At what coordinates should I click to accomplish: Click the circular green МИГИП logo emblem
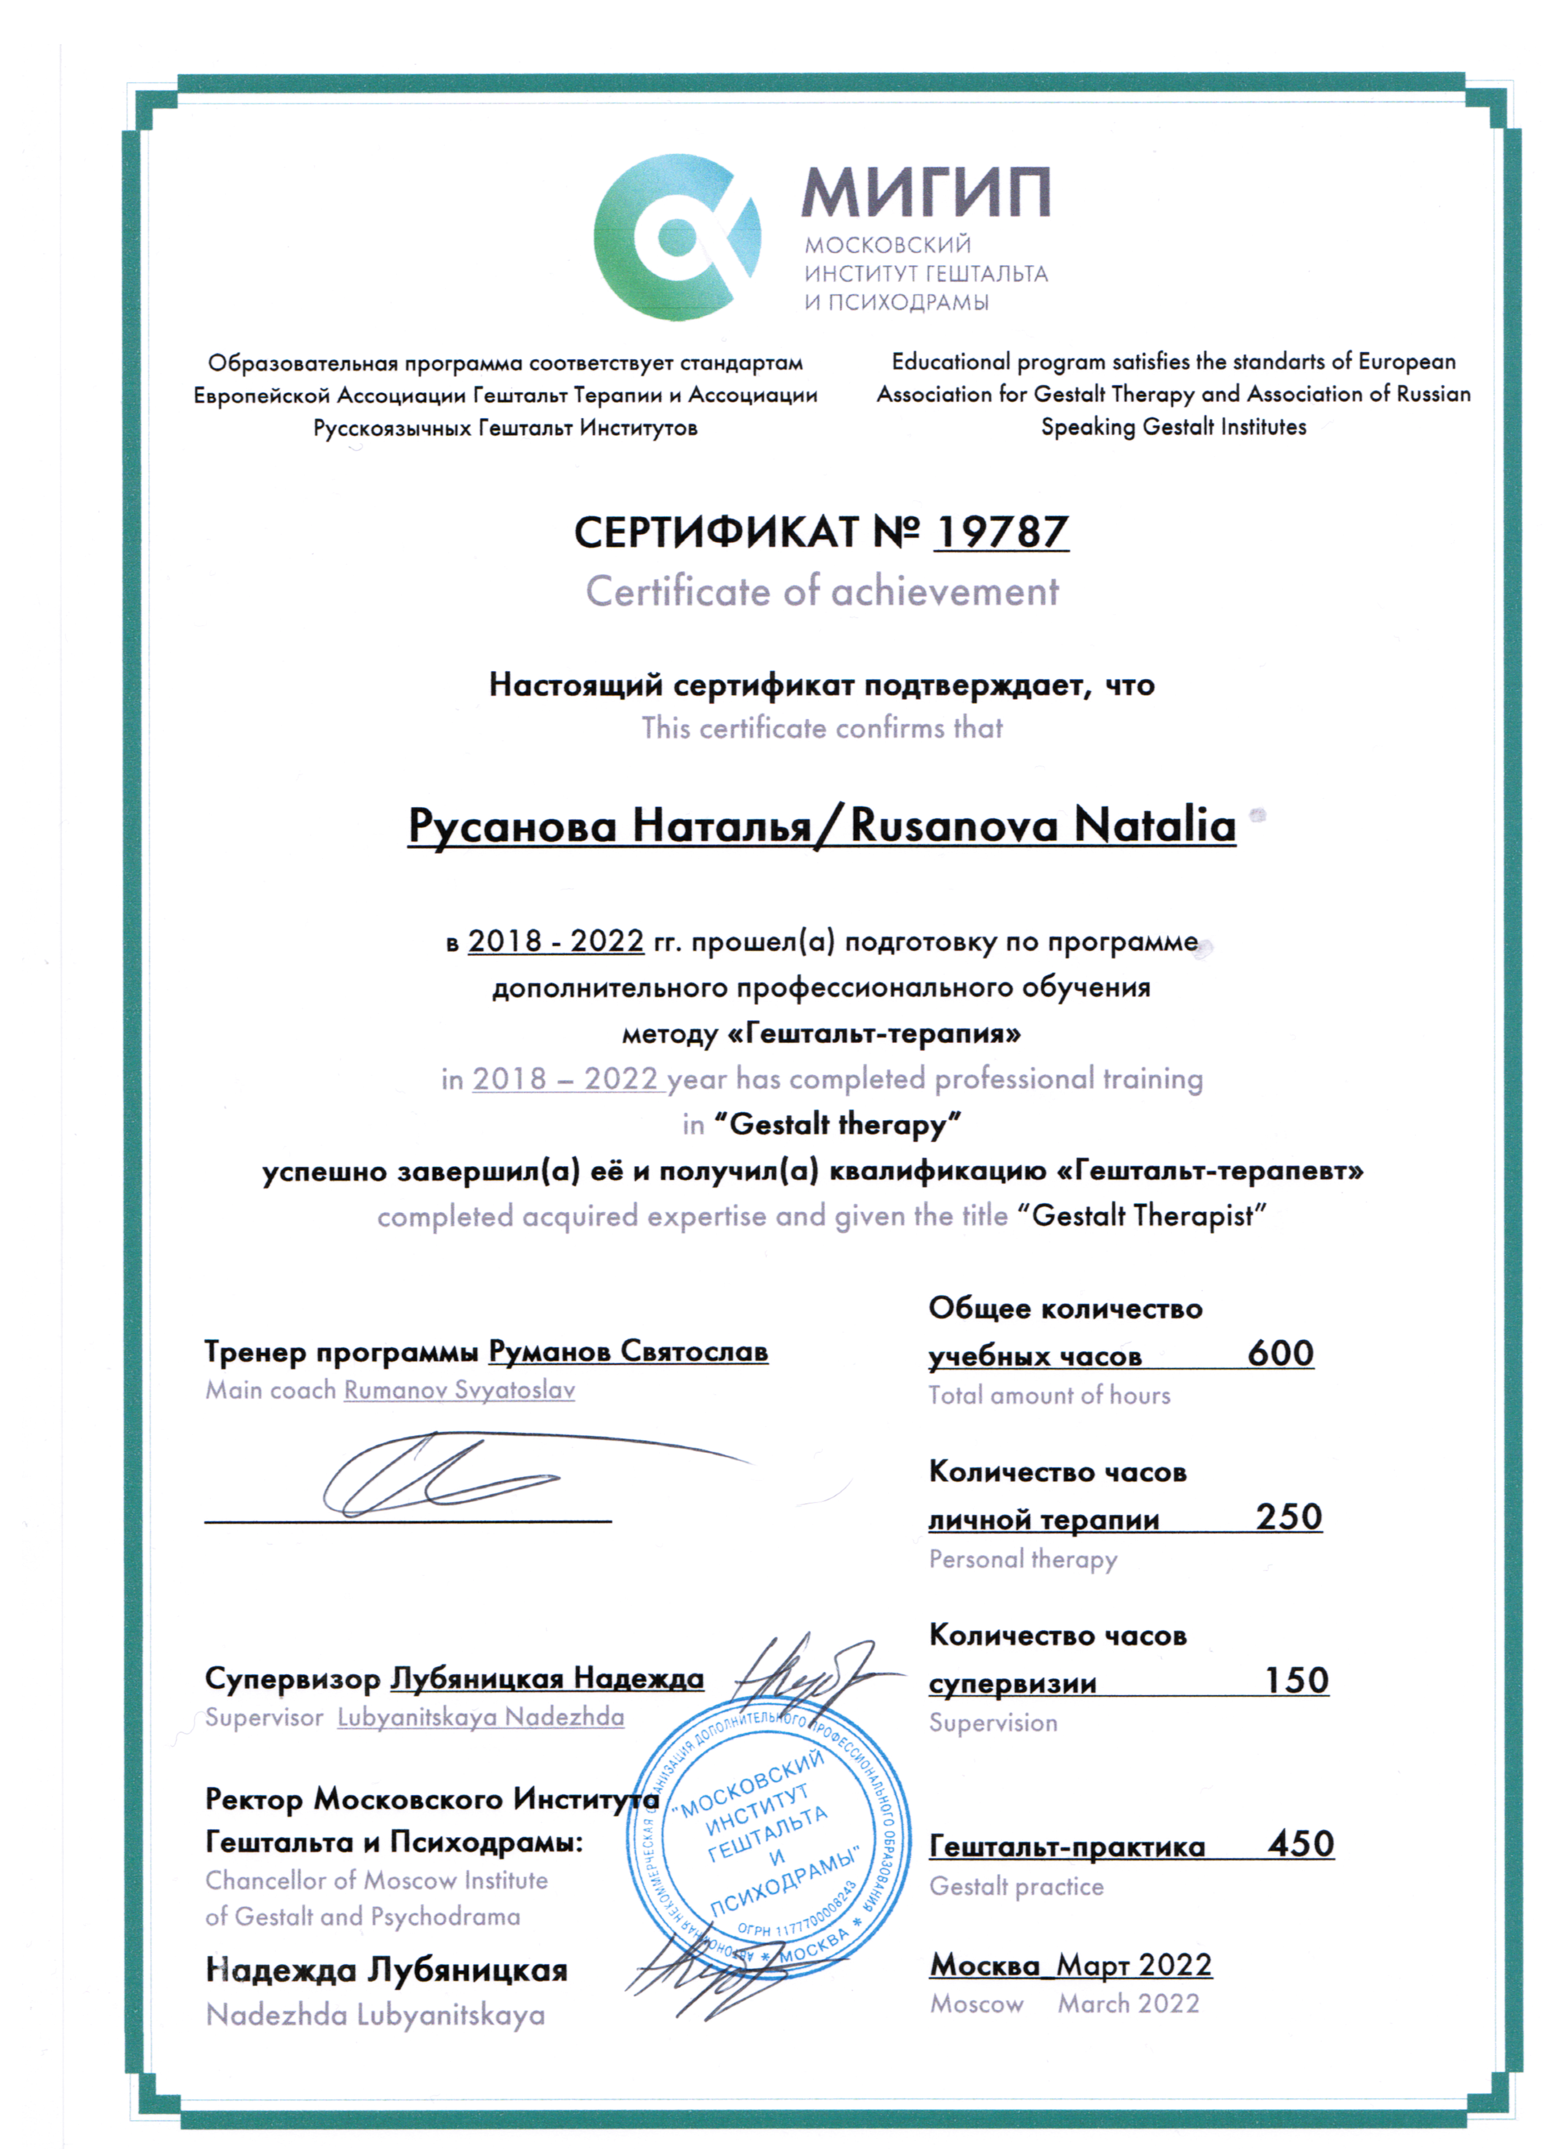click(x=677, y=237)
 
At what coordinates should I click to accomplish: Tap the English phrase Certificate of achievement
click(x=822, y=592)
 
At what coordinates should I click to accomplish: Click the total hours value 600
click(x=1280, y=1353)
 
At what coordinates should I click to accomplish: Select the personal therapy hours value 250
click(x=1288, y=1517)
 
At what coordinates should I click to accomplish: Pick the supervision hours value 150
click(x=1296, y=1681)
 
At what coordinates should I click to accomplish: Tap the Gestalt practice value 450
click(x=1301, y=1844)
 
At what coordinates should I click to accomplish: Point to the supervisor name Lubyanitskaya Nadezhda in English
click(x=481, y=1717)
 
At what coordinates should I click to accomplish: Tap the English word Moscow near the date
click(x=976, y=2004)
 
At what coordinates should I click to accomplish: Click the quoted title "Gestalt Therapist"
click(x=1141, y=1216)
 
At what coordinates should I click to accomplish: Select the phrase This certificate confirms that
click(x=822, y=728)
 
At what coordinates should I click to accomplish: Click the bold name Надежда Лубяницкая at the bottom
click(x=387, y=1970)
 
